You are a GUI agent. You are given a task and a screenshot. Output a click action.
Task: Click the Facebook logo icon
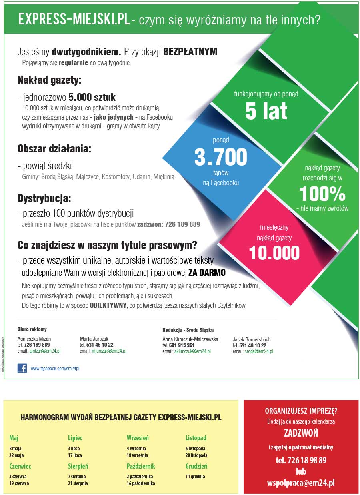22,368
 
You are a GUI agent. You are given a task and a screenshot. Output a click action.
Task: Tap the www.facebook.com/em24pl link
55,369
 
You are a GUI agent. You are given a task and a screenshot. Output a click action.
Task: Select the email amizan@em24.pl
44,351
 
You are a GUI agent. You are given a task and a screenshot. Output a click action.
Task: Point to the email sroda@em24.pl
259,351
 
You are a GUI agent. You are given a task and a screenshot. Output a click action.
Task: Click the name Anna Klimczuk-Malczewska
190,339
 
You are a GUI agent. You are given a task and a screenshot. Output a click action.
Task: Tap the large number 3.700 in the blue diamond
220,157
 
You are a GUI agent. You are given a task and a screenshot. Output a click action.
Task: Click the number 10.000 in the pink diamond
274,253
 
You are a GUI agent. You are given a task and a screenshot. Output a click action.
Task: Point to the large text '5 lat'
266,111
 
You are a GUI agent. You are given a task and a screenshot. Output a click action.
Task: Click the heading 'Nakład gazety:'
49,80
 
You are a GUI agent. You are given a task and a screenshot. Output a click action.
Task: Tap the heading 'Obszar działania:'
54,149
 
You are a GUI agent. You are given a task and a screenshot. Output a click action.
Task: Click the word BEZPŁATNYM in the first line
190,52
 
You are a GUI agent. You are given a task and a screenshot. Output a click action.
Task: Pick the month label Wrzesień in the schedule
138,438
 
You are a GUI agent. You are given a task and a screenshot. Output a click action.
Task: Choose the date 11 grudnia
195,477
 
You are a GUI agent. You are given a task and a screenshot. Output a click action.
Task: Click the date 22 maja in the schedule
16,455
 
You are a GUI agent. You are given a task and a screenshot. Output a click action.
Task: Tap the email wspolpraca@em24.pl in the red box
301,483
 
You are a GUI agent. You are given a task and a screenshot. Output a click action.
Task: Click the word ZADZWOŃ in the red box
301,433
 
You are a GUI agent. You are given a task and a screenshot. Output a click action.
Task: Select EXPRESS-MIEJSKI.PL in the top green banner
74,20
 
